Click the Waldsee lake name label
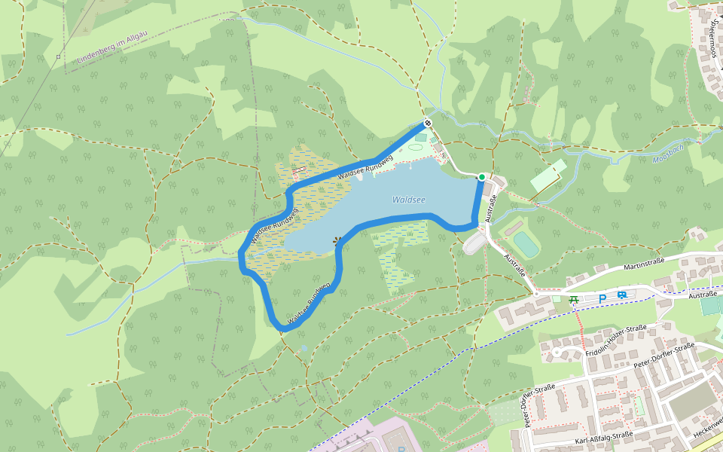point(408,200)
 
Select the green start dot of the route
point(482,177)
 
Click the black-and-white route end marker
point(428,123)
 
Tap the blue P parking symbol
point(602,298)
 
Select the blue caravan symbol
point(621,295)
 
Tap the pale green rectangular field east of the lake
point(548,175)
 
